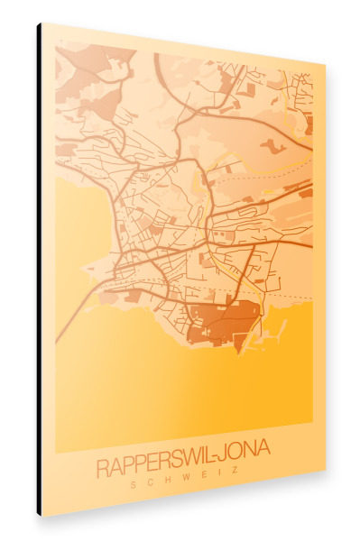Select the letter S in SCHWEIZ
[x=134, y=485]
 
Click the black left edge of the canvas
[x=39, y=270]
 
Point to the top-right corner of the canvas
[x=324, y=64]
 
